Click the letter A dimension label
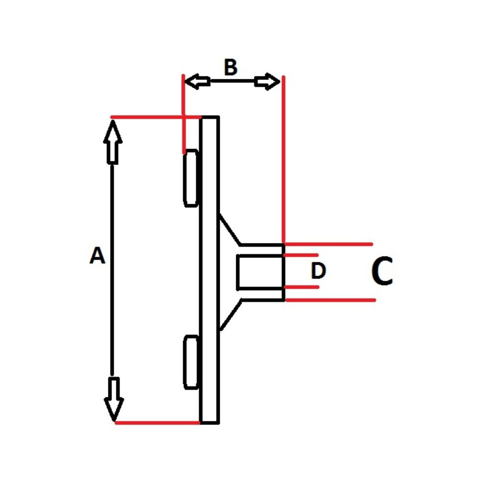pos(97,256)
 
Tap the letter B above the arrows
pos(231,68)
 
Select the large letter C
pos(382,272)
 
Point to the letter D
pos(318,272)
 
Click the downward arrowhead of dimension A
pos(114,400)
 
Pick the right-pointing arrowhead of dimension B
pos(268,82)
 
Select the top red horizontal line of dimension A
pos(155,117)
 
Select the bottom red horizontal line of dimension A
pos(157,423)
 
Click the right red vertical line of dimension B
pos(283,160)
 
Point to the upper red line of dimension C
pos(329,243)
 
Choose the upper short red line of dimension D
pos(301,255)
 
